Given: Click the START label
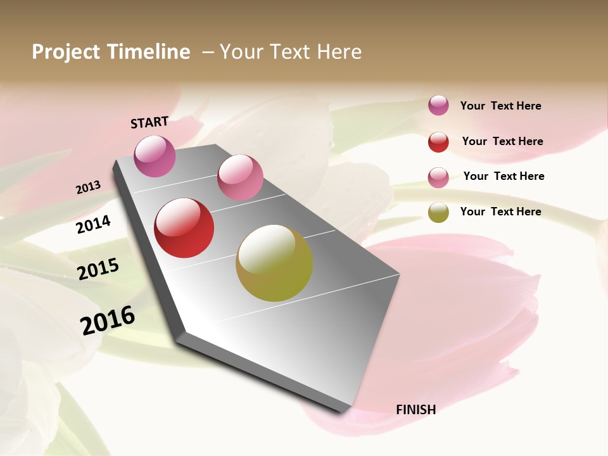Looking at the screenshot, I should coord(149,122).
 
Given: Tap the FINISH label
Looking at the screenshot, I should coord(415,409).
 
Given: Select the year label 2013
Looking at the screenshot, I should coord(88,187).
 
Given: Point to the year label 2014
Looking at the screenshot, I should coord(93,224).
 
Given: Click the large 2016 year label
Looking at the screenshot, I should coord(108,320).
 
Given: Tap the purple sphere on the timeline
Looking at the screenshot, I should coord(155,156).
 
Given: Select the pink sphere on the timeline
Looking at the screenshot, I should coord(240,177).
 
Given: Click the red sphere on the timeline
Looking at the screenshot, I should coord(184,228).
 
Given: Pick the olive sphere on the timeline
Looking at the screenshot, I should coord(274,263).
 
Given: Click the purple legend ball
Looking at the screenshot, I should coord(438,105).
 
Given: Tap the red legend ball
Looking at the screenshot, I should coord(438,142).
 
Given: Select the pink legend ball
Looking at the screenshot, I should coord(438,177).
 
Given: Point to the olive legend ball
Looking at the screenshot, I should coord(438,212).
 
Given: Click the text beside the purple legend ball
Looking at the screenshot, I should coord(500,106).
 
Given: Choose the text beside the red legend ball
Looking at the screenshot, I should coord(502,141).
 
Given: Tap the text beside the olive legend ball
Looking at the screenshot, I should coord(500,212).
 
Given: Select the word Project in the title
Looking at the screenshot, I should coord(65,52).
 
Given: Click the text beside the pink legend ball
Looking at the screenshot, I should coord(503,176).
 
